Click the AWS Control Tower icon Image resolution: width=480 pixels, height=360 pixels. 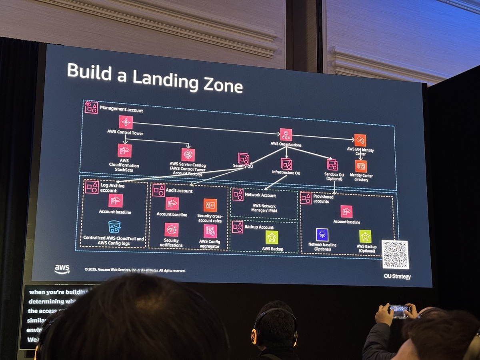point(126,122)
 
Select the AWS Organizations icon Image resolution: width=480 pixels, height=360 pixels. point(286,134)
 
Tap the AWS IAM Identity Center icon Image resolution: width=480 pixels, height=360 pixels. point(360,140)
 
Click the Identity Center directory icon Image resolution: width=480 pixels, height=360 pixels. point(361,166)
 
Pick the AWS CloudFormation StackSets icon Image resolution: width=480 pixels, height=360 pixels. point(124,150)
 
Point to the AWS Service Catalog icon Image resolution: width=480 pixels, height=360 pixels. point(188,154)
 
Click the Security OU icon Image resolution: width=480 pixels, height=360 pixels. point(244,158)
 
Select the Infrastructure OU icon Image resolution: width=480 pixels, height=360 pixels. point(286,164)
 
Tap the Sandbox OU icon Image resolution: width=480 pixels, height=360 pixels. point(332,165)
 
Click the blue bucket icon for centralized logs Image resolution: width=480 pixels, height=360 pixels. point(114,227)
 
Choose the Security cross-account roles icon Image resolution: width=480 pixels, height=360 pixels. point(210,205)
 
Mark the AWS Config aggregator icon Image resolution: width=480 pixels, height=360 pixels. point(210,231)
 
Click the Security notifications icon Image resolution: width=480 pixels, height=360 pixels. point(172,230)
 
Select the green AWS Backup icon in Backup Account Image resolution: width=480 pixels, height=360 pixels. point(272,237)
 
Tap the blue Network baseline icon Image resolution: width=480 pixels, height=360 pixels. point(322,235)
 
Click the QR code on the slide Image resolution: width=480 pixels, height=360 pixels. point(395,254)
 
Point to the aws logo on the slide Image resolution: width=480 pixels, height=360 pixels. point(62,269)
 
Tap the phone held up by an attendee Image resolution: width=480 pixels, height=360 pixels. point(400,311)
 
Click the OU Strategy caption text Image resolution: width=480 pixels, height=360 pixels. point(397,276)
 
